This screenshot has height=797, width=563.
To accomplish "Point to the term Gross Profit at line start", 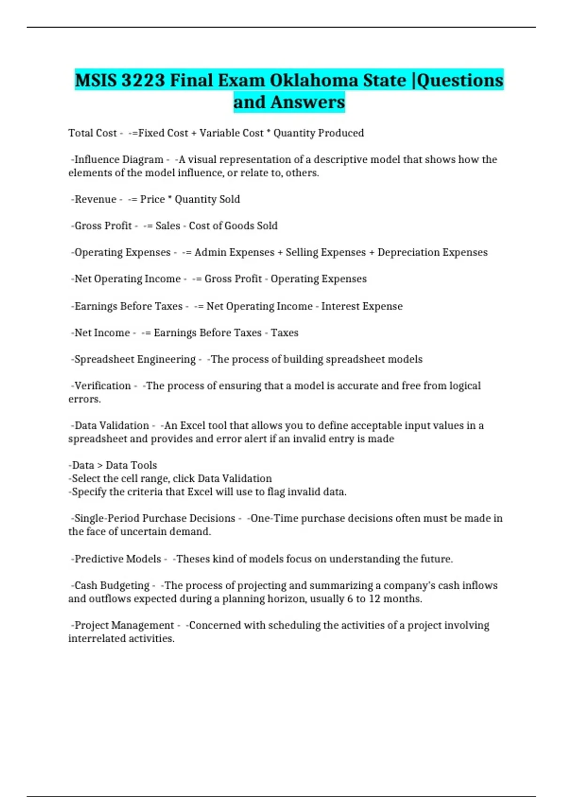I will point(103,226).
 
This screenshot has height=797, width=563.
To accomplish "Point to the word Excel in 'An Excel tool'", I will point(193,426).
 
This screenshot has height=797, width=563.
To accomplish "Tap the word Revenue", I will point(95,199).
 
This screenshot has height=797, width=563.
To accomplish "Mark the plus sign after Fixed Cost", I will point(194,133).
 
